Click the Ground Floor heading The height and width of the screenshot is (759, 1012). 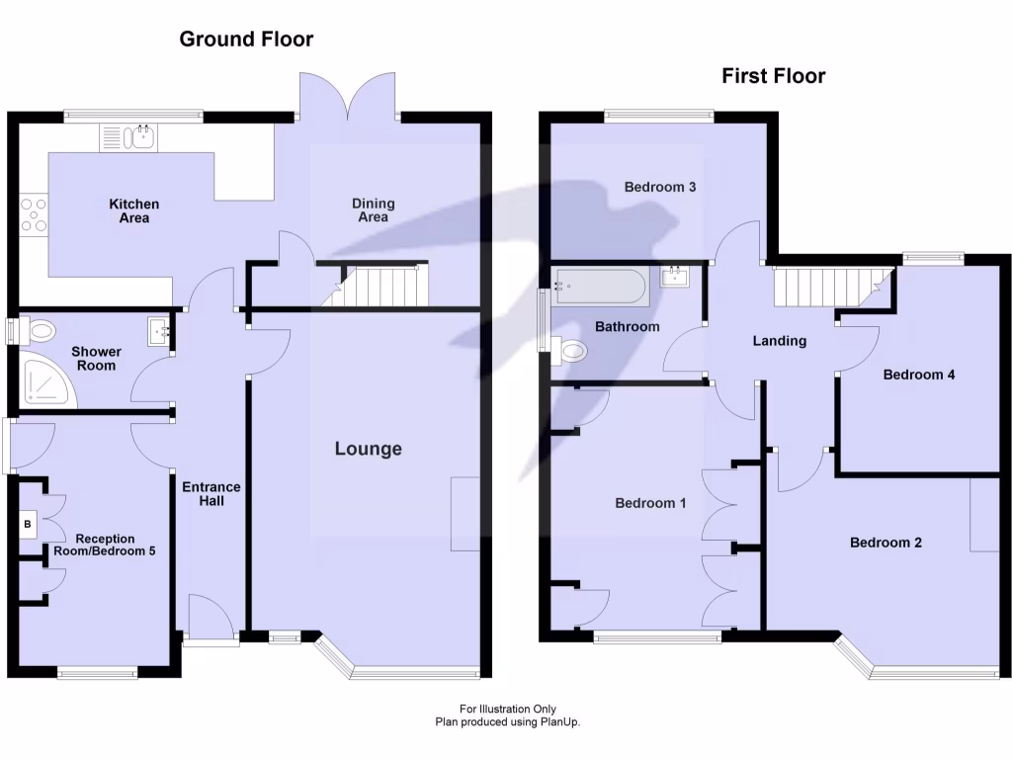246,40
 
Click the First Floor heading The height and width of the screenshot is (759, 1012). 773,76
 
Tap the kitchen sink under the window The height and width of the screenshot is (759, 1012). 127,136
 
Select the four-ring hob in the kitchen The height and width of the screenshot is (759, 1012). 33,215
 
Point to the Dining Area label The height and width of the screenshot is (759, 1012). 373,210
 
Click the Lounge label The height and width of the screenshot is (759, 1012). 368,449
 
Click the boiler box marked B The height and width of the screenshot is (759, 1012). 29,523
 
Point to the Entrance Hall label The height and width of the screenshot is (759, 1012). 211,494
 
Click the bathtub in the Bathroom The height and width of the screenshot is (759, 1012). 600,287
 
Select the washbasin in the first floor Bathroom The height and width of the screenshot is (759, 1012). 677,276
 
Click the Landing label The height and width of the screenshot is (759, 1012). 780,341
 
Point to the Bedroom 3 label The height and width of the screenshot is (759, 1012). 660,187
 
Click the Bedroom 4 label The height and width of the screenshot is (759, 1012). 918,375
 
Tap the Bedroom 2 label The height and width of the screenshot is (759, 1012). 885,543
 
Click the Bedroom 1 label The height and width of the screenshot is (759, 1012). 650,503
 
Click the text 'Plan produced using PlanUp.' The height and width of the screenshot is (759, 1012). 508,722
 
